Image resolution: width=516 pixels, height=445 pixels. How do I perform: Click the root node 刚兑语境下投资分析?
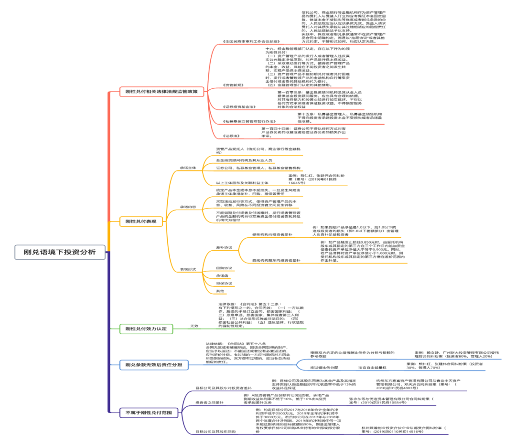click(x=60, y=252)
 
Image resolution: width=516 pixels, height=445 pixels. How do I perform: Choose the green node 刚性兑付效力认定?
click(x=146, y=328)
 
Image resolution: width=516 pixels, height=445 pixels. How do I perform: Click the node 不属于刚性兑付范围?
click(x=145, y=412)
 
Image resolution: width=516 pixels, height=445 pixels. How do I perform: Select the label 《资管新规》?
click(x=234, y=85)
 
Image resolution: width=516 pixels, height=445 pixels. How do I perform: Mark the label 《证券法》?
click(x=231, y=136)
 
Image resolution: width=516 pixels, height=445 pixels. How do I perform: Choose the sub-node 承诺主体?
click(x=188, y=168)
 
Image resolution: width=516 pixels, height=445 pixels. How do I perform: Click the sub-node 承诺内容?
click(x=188, y=206)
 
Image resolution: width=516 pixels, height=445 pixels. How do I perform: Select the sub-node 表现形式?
click(x=188, y=270)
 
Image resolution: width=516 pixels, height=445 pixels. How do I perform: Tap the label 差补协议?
click(x=225, y=248)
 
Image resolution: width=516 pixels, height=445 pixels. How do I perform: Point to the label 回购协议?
click(x=224, y=268)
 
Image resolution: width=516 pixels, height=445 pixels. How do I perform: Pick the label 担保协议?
click(x=224, y=283)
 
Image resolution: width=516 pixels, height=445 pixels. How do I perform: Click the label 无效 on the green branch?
click(x=194, y=326)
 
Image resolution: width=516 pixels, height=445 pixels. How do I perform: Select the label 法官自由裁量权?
click(x=372, y=368)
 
